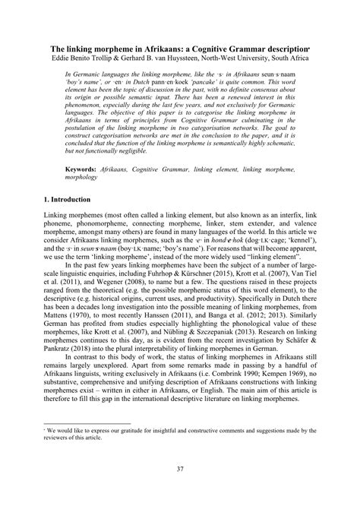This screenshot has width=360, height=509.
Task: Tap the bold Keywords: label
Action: pos(85,164)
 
